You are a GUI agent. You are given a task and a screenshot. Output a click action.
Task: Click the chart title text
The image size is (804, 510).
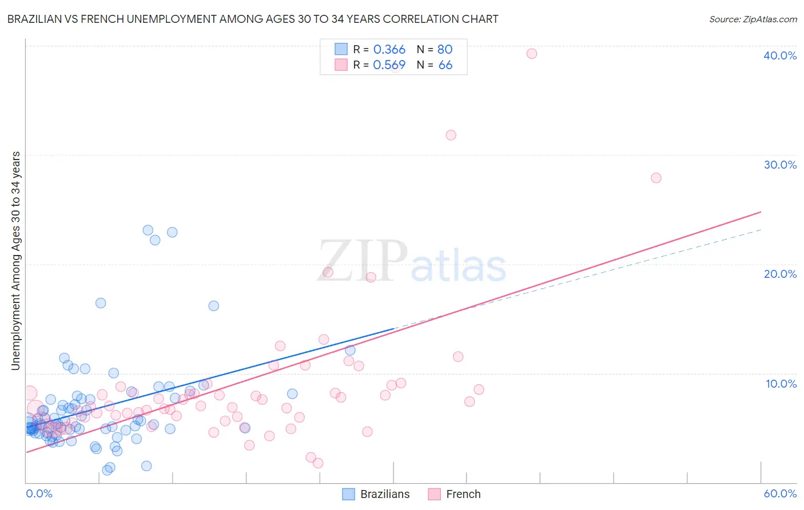coord(253,19)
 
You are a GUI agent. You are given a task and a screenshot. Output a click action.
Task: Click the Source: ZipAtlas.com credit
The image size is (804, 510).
coord(753,19)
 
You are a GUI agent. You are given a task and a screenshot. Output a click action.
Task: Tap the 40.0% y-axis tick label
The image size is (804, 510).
coord(780,55)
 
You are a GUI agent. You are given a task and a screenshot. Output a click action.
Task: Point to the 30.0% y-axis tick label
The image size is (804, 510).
coord(780,165)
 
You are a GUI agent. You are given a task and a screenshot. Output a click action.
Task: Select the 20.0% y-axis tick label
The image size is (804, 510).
coord(780,274)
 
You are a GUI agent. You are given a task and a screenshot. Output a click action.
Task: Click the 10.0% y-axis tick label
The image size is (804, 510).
coord(781,384)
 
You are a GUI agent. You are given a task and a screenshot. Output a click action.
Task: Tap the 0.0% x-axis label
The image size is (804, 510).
coord(39,493)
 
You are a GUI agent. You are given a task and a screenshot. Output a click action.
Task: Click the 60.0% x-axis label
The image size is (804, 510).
coord(780,493)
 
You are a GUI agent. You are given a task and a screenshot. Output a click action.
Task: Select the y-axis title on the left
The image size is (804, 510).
coord(16,261)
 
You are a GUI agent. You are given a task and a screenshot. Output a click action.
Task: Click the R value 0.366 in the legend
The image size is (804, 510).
coord(389,49)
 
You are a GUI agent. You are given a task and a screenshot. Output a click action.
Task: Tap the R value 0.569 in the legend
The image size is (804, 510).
coord(389,65)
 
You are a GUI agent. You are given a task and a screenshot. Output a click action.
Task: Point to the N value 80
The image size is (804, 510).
coord(445,49)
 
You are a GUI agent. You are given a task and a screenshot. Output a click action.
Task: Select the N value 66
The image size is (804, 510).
coord(445,65)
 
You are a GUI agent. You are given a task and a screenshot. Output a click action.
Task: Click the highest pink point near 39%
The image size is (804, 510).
coord(532,54)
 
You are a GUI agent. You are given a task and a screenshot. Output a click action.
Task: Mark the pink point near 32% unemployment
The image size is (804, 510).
coord(451,136)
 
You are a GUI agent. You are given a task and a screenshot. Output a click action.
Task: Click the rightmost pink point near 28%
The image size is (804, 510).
coord(656,178)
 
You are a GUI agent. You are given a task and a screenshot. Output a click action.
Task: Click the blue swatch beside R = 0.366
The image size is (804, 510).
coord(341,49)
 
